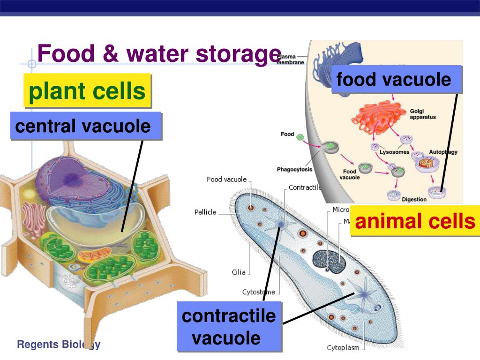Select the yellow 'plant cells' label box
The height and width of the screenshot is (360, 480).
(87, 90)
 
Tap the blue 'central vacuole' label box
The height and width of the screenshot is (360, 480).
(85, 126)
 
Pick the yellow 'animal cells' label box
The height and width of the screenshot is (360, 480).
(415, 221)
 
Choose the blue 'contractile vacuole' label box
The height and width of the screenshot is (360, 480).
(228, 326)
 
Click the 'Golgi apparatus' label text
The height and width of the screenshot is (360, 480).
(423, 114)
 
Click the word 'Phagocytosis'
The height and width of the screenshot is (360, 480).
(294, 169)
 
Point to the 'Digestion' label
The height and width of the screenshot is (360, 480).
(414, 199)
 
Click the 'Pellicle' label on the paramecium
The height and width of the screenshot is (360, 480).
(205, 212)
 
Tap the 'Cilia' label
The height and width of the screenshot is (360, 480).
(239, 272)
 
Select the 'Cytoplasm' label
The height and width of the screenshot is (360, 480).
(343, 348)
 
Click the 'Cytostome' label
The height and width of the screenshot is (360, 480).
(258, 292)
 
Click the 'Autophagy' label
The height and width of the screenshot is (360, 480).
(443, 152)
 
